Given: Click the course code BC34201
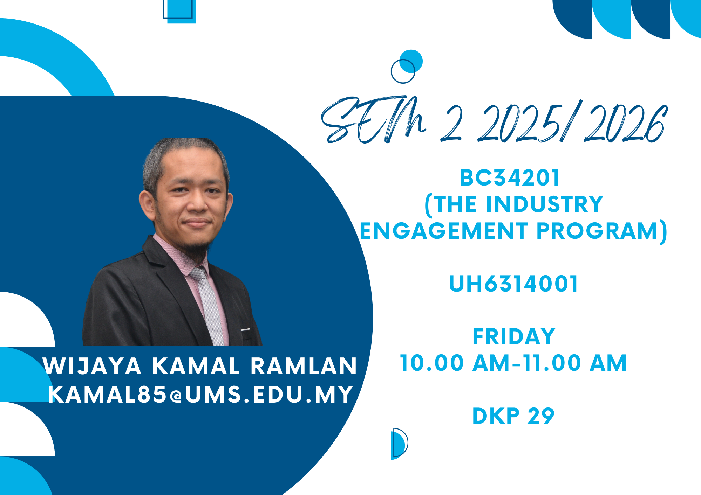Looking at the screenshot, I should click(x=510, y=178).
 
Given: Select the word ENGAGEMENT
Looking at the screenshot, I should click(x=443, y=231).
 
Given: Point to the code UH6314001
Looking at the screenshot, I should click(x=513, y=284).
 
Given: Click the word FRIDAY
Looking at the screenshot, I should click(x=514, y=337).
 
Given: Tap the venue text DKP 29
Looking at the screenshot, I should click(x=513, y=416).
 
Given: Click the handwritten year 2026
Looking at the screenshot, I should click(x=626, y=124).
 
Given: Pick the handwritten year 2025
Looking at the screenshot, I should click(x=519, y=124).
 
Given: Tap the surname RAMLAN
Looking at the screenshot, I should click(x=304, y=367).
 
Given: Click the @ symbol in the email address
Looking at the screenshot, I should click(x=176, y=396).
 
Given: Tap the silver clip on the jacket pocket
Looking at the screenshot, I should click(x=245, y=330).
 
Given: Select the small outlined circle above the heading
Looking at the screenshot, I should click(x=403, y=71).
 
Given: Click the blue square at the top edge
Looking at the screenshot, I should click(x=179, y=11).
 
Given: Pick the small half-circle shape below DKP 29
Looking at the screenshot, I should click(x=399, y=444).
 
